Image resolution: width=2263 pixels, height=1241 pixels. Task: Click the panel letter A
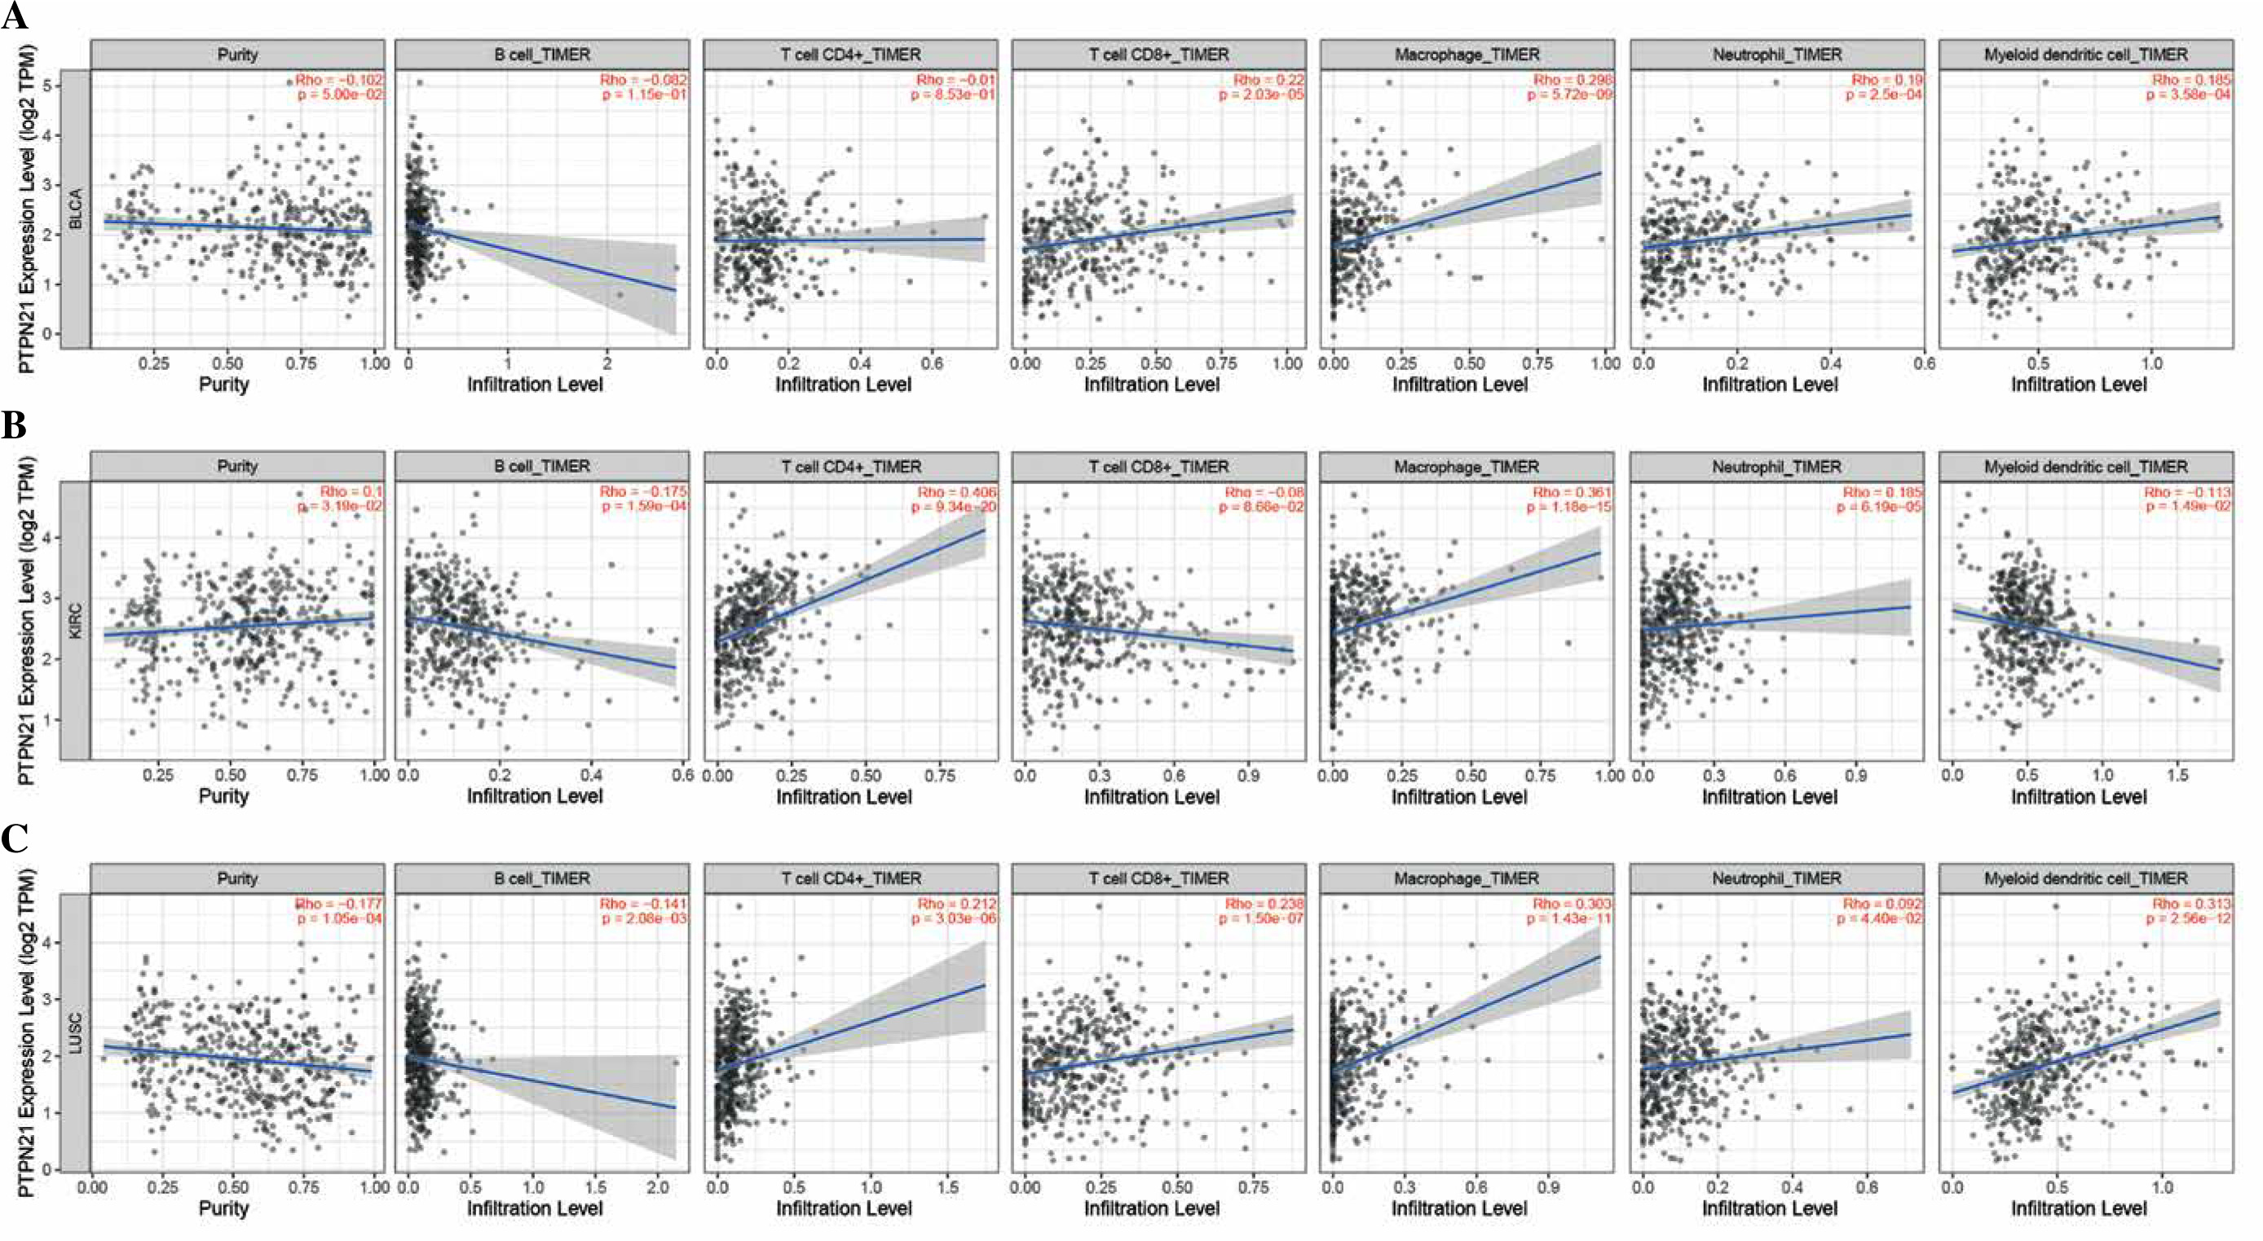pos(14,15)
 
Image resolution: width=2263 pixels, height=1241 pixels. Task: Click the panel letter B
pos(14,426)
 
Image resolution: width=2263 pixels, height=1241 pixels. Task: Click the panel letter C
pos(14,838)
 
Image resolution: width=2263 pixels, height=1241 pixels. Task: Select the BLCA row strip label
pos(77,209)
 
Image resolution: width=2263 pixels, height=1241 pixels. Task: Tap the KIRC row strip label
pos(77,620)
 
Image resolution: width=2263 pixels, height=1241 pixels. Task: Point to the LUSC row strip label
pos(77,1033)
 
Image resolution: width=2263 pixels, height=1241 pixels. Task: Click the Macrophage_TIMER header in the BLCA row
pos(1467,55)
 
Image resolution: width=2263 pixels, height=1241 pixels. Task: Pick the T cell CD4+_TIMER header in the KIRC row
pos(850,466)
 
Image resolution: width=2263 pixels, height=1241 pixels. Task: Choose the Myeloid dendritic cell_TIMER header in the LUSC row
pos(2085,878)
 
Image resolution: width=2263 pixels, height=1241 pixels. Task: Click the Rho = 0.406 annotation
pos(957,492)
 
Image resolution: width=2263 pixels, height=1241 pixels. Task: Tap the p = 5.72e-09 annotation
pos(1569,94)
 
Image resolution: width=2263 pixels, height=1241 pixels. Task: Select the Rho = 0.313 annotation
pos(2191,904)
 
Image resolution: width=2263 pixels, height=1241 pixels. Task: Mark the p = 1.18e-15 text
pos(1569,507)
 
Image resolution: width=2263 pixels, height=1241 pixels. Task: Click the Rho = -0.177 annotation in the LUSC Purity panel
pos(339,904)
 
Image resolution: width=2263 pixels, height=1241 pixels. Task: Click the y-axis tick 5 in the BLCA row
pos(46,86)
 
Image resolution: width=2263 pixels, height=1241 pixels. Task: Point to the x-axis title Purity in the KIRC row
pos(223,796)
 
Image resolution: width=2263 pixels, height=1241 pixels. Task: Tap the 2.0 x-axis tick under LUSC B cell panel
pos(657,1187)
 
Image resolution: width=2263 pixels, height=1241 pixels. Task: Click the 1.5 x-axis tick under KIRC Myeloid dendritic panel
pos(2177,776)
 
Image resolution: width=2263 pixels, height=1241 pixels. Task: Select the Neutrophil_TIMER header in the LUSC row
pos(1776,878)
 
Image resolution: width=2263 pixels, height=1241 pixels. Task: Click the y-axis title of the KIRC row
pos(26,620)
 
